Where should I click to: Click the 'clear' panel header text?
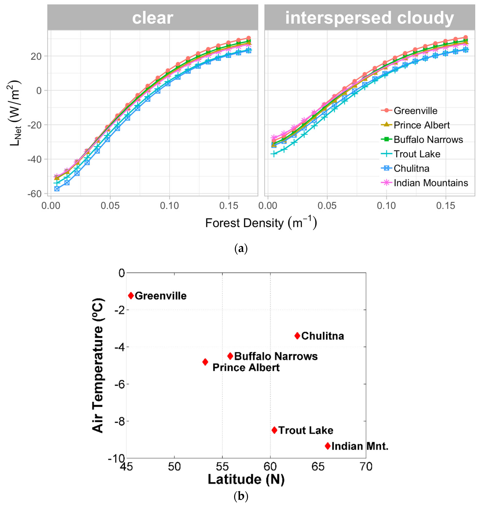[x=153, y=18]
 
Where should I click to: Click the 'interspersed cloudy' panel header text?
[x=370, y=18]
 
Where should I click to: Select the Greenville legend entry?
[x=415, y=111]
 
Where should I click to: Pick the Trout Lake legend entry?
[x=417, y=154]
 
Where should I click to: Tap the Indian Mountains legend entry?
[x=431, y=183]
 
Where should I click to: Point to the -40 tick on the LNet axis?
[x=34, y=159]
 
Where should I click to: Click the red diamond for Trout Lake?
[x=274, y=430]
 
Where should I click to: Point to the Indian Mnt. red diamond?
[x=328, y=446]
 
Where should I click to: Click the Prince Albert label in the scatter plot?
[x=246, y=367]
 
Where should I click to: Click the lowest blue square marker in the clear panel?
[x=57, y=189]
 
